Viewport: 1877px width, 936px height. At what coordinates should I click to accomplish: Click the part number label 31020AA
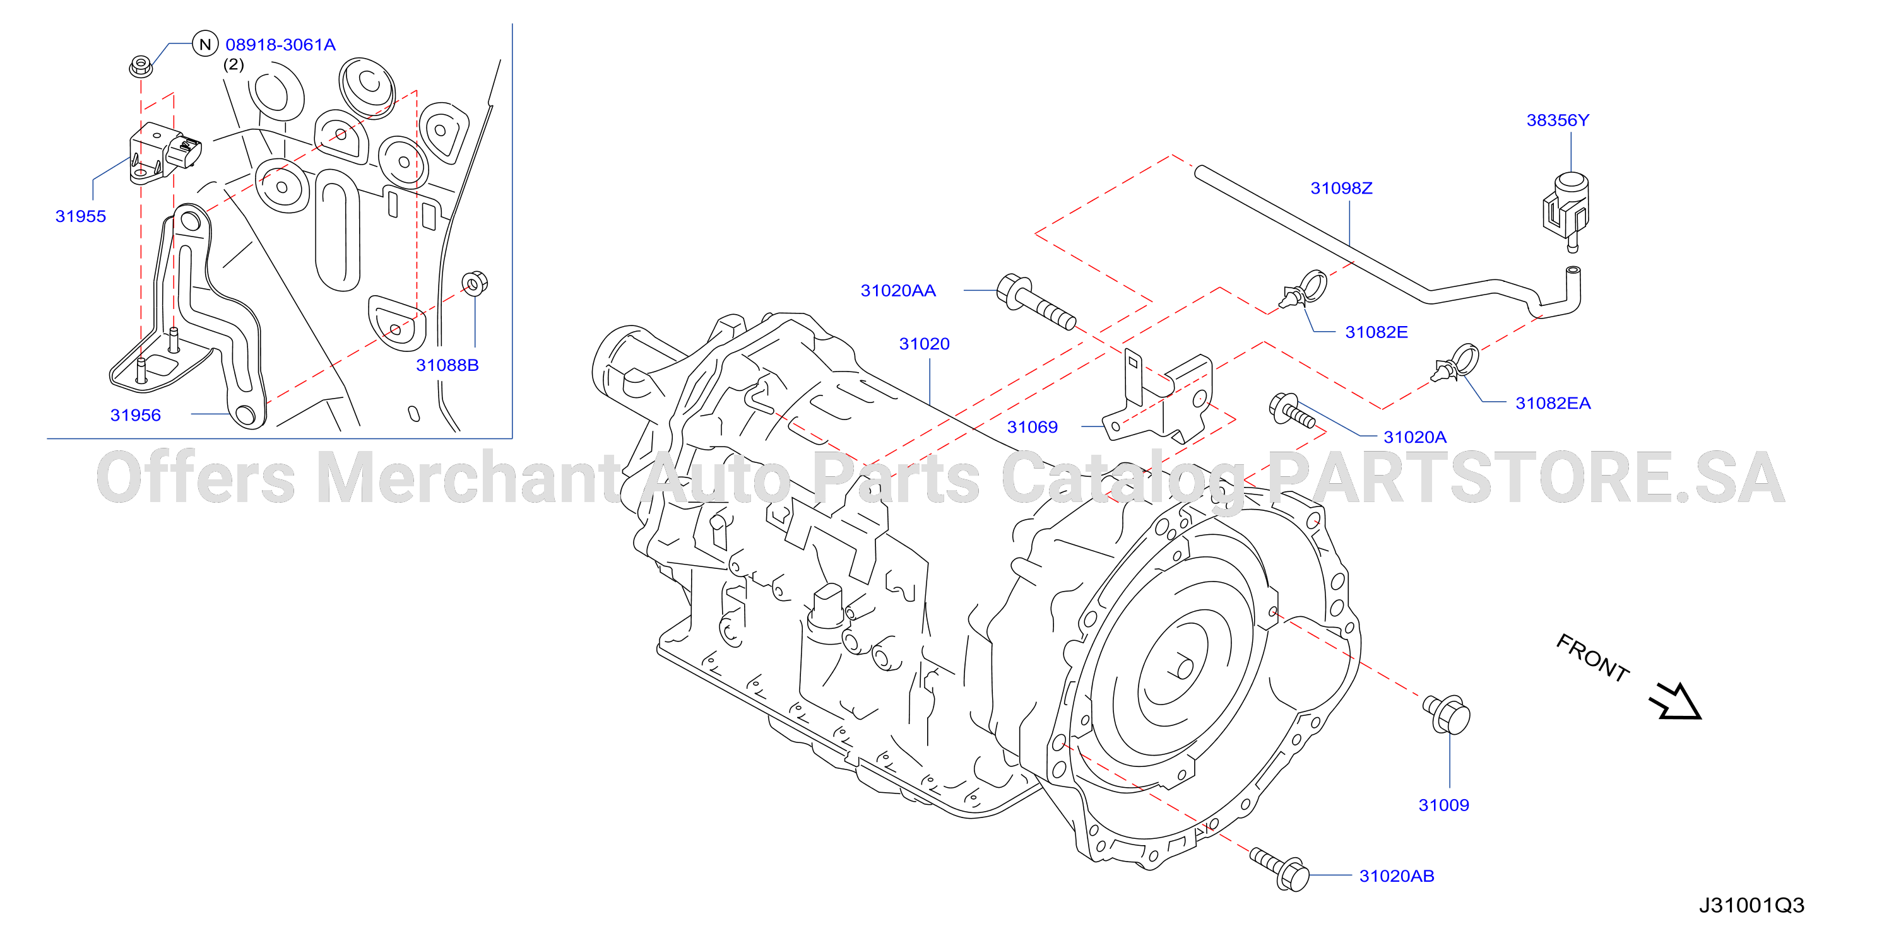(x=897, y=291)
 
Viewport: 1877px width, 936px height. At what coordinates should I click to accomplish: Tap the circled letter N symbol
(x=206, y=44)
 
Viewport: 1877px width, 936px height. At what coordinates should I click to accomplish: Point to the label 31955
(x=81, y=216)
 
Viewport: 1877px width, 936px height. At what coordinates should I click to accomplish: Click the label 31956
(x=136, y=415)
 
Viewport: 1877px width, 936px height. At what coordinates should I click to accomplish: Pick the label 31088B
(x=447, y=365)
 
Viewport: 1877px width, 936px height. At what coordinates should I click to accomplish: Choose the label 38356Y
(x=1558, y=120)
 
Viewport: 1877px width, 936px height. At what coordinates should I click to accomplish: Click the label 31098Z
(x=1341, y=188)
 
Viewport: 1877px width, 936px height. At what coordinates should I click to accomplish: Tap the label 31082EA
(x=1553, y=403)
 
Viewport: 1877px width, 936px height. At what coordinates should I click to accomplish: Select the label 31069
(x=1033, y=427)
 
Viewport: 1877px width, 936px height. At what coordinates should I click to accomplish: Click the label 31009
(x=1443, y=805)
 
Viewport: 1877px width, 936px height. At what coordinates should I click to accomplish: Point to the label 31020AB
(x=1397, y=875)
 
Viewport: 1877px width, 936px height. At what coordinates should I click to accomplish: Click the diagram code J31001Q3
(x=1751, y=905)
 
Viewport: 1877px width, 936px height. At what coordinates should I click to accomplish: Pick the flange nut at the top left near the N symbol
(x=141, y=66)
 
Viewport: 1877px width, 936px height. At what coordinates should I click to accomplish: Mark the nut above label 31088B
(x=475, y=283)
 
